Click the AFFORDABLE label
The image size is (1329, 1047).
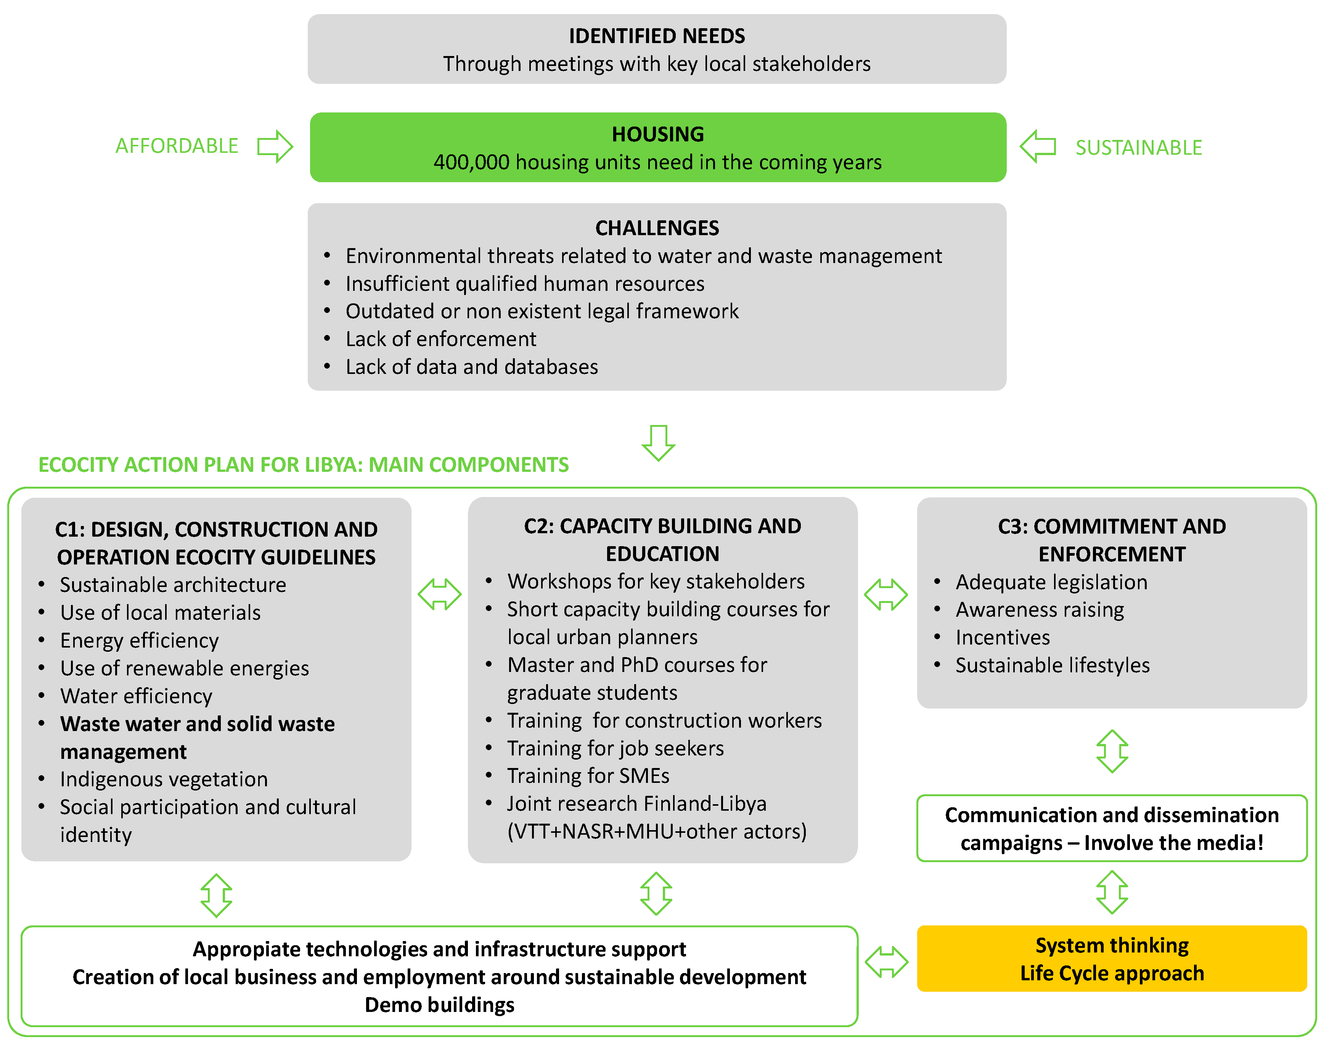(177, 146)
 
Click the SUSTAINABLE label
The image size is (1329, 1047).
(1138, 148)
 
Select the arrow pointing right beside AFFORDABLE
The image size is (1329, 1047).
(275, 146)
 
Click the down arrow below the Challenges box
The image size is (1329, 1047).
(658, 442)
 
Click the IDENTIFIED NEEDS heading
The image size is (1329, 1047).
(657, 36)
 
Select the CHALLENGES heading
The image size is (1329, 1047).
(657, 228)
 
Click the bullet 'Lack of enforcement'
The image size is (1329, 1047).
(440, 339)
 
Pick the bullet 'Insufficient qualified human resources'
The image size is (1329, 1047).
(525, 284)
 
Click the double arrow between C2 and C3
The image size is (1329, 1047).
(885, 594)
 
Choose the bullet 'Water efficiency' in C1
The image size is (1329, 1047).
(136, 696)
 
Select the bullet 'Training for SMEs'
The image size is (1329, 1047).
(588, 776)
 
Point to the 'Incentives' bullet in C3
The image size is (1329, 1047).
(1002, 638)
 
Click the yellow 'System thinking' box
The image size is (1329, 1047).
(1111, 959)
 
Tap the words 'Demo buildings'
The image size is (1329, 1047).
(439, 1005)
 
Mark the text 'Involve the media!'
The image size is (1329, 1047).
(1173, 843)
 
